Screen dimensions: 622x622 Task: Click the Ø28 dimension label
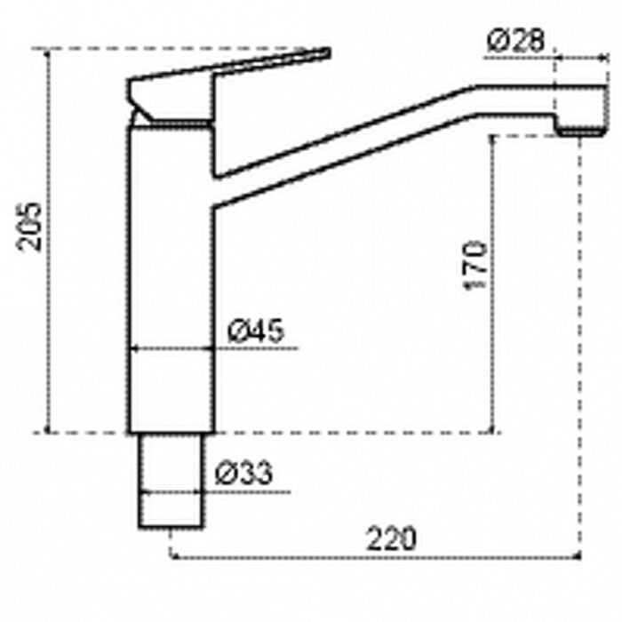pos(515,41)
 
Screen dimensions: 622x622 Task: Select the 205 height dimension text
pos(29,227)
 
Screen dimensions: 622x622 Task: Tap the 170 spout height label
pos(475,265)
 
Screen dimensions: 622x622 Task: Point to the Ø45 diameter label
pos(256,330)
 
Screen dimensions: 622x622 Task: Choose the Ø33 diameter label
pos(243,473)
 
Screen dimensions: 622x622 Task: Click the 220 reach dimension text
pos(391,538)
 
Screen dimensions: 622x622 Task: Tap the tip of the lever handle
pos(329,52)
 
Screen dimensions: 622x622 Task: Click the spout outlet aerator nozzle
pos(580,131)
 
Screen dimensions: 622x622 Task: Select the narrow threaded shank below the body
pos(171,481)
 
